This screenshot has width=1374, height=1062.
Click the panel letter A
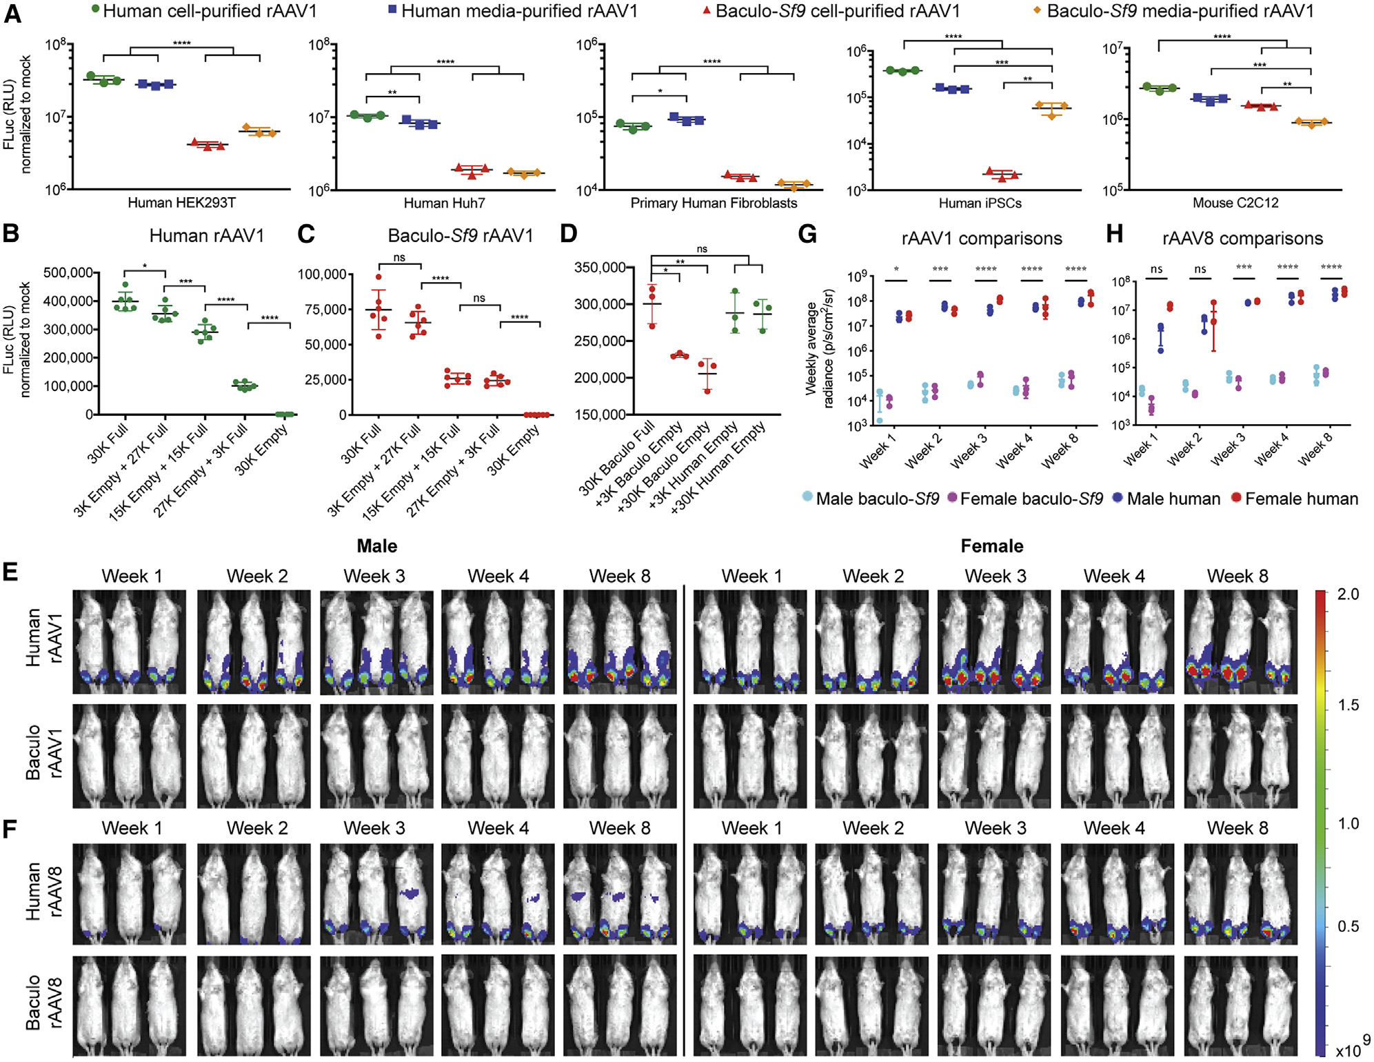point(12,14)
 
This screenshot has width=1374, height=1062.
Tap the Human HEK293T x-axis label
point(181,203)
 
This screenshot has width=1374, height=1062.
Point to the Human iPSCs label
point(980,203)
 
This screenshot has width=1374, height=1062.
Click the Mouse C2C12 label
point(1235,203)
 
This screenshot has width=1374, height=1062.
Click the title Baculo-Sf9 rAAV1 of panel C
point(461,236)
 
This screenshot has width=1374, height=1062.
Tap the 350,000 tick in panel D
point(600,268)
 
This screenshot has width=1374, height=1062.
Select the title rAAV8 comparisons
point(1242,239)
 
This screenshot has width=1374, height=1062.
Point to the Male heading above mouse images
point(376,546)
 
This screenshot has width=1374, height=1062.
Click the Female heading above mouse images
point(991,546)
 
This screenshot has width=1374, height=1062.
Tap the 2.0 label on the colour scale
point(1348,594)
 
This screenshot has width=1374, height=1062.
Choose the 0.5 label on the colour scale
point(1348,926)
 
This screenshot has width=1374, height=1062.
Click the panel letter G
point(807,234)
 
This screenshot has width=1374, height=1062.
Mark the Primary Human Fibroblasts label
point(714,203)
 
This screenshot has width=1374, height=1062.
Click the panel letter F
point(10,828)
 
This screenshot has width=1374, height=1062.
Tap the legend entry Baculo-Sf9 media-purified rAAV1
point(1180,11)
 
